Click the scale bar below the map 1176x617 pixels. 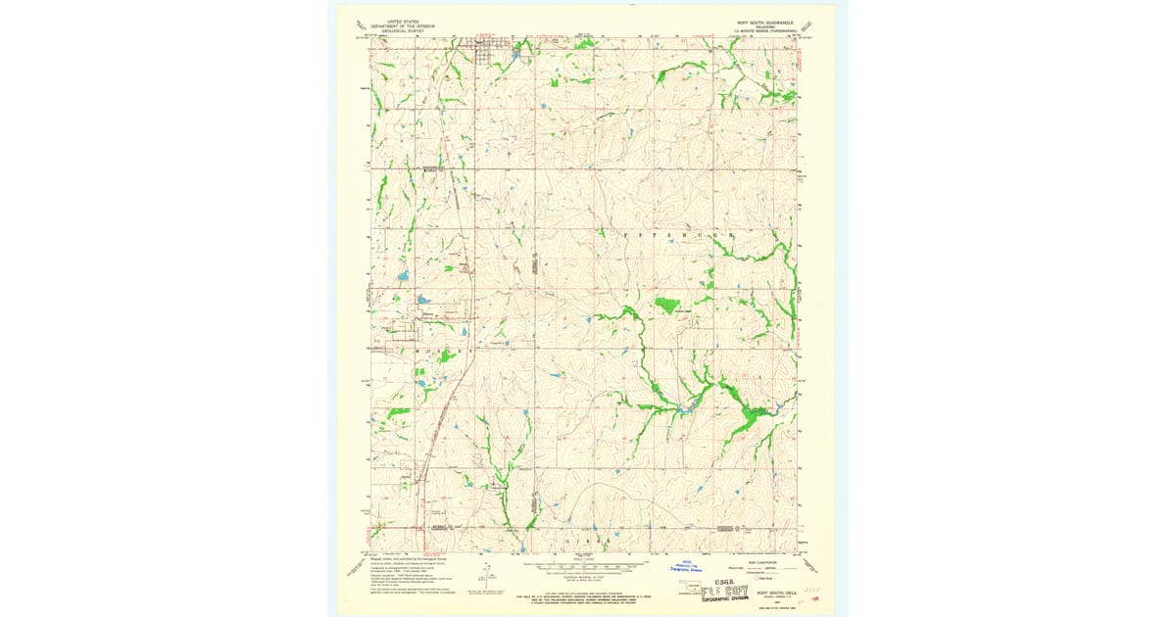point(587,564)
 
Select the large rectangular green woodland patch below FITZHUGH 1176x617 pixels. point(667,305)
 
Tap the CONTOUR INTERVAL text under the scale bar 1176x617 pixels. point(586,577)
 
